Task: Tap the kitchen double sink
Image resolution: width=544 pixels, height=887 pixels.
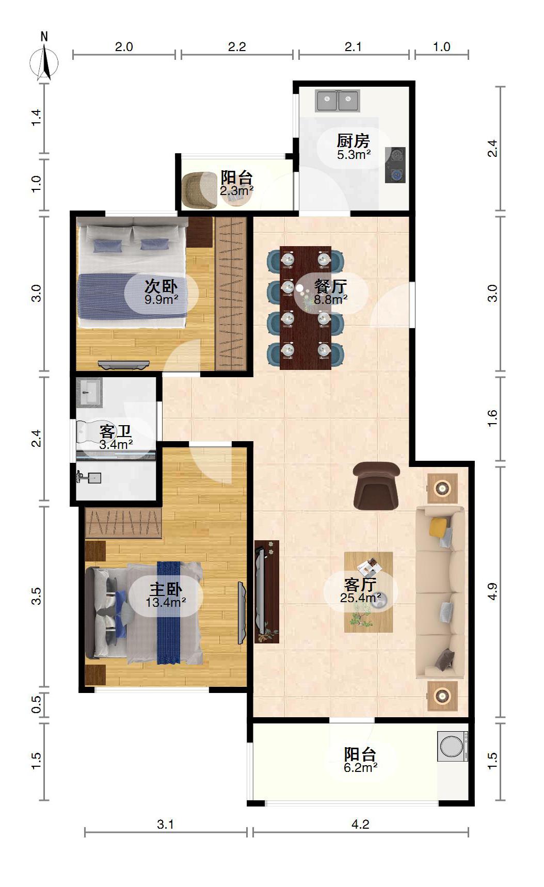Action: pos(338,101)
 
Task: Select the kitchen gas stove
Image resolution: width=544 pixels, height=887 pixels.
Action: pos(395,165)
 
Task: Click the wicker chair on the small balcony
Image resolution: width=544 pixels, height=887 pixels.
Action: pos(199,190)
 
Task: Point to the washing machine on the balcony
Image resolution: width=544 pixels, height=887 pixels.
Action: pos(453,746)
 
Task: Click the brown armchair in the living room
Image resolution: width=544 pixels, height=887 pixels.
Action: pos(376,486)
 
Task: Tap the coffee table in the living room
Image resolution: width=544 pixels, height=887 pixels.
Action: pos(369,592)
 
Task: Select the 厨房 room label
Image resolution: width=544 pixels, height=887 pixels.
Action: pos(354,140)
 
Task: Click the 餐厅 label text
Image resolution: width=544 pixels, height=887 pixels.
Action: pos(330,286)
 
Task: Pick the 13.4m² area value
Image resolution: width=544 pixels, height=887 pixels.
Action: pos(166,602)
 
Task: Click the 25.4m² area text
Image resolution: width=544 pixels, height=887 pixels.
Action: pos(361,598)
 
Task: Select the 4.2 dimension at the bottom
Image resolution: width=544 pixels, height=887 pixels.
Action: pos(360,824)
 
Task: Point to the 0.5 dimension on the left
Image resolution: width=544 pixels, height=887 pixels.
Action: pos(36,704)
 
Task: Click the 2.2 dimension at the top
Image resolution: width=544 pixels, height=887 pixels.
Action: pos(237,47)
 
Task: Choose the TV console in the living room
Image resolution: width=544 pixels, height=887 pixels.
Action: pos(267,591)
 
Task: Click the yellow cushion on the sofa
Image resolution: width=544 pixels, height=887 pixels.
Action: pos(438,526)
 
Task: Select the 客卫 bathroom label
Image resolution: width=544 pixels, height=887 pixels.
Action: pos(115,431)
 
